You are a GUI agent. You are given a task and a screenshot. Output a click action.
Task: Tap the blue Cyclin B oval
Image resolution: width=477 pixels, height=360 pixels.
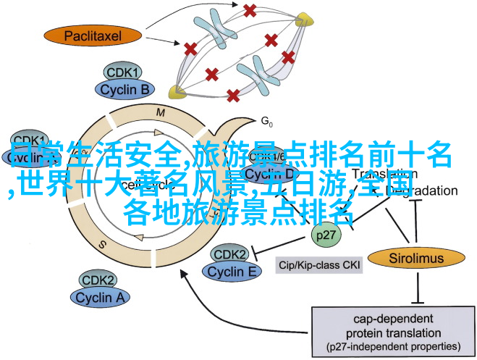[x=124, y=90]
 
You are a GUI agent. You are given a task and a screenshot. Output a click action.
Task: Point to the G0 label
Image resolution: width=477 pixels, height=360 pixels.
[x=266, y=120]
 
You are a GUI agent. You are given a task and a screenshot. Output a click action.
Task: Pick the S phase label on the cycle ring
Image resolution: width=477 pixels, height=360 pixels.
[x=103, y=244]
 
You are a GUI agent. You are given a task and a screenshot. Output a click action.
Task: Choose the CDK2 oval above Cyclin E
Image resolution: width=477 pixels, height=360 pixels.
[x=229, y=255]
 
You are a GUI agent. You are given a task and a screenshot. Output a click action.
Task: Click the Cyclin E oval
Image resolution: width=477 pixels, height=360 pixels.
[x=233, y=272]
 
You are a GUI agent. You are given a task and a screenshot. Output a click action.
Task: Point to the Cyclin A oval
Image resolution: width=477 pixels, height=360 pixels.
[x=101, y=297]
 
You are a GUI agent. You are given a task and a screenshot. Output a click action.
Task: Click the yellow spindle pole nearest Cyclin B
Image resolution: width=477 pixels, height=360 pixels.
[x=176, y=91]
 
